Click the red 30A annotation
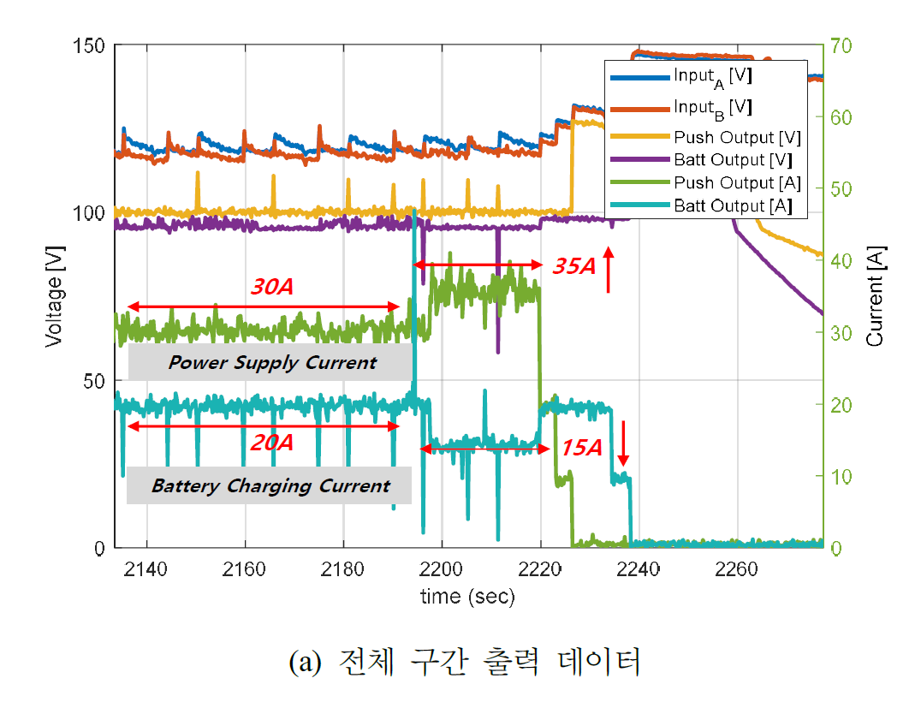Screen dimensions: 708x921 272,288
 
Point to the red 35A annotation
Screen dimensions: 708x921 573,266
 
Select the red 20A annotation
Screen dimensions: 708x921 272,443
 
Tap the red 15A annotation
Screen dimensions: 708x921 582,448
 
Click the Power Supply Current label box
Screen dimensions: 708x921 271,363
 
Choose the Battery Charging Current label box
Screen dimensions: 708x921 270,486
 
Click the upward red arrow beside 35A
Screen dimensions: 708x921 609,270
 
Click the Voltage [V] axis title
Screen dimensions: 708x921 53,296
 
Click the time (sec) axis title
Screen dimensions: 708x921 467,598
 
